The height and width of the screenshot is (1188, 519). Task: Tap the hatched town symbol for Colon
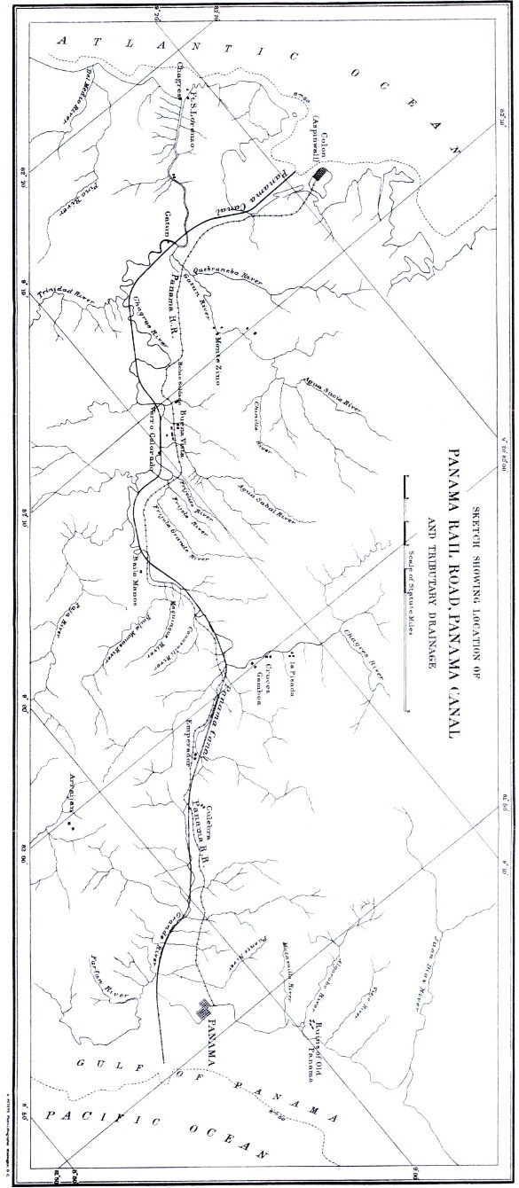tap(318, 177)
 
